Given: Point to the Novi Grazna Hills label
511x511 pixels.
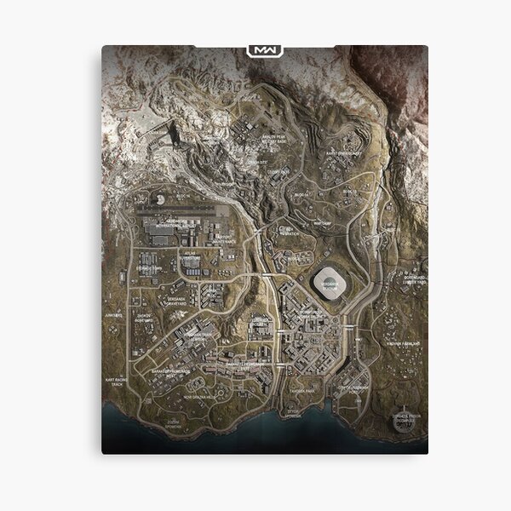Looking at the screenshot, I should click(x=202, y=396).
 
